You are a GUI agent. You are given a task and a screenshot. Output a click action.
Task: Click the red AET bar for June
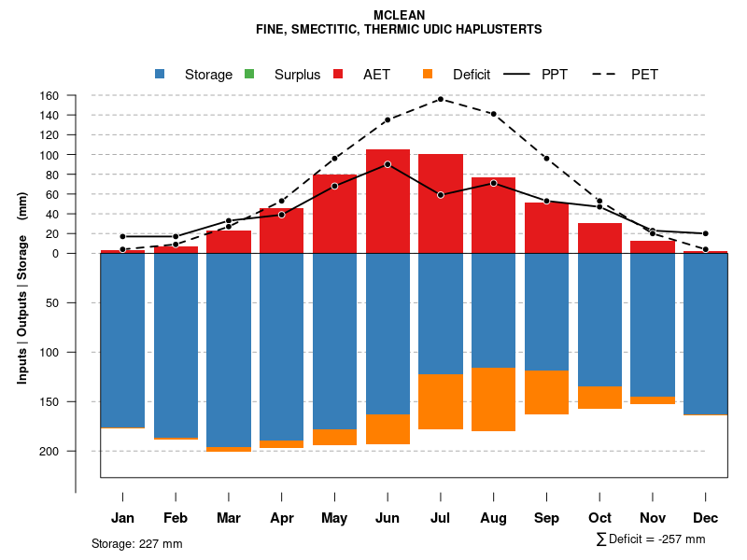point(388,201)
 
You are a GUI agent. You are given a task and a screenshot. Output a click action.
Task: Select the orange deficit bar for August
point(494,399)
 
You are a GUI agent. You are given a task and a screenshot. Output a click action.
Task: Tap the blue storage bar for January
point(122,340)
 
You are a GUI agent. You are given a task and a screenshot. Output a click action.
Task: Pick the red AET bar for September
point(546,228)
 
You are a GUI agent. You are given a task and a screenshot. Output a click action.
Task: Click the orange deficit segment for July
point(441,401)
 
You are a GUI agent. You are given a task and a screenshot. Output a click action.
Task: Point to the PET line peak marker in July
point(441,99)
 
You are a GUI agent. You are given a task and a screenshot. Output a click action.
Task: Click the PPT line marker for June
point(388,164)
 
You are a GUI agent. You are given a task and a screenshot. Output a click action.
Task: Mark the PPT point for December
point(706,233)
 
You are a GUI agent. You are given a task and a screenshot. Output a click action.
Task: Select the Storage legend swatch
point(161,74)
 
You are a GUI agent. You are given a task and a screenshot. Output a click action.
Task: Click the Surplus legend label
point(297,75)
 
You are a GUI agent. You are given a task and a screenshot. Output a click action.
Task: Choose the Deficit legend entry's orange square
point(428,74)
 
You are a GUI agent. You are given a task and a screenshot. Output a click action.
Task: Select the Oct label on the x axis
point(599,518)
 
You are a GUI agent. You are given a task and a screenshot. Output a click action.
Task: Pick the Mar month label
point(229,518)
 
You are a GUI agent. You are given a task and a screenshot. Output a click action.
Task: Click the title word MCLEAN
point(399,16)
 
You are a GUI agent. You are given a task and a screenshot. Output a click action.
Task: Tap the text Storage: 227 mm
point(136,543)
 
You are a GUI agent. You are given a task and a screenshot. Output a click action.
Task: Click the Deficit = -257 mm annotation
point(651,539)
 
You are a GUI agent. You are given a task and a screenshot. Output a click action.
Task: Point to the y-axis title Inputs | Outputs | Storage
point(22,294)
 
